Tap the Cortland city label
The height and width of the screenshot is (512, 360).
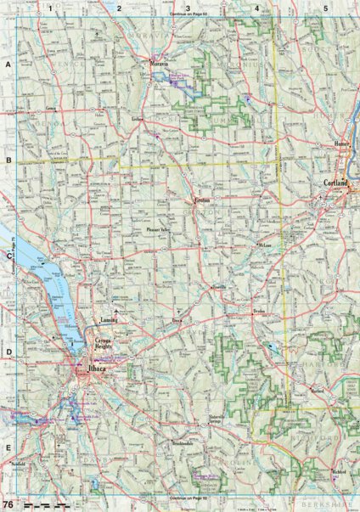pos(336,183)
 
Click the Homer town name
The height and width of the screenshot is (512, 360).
pos(342,143)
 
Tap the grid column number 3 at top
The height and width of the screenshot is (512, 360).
pos(188,8)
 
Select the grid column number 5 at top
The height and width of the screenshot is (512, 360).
pos(325,8)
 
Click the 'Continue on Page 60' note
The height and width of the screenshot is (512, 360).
pos(188,16)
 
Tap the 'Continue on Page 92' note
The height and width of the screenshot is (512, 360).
pos(188,497)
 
